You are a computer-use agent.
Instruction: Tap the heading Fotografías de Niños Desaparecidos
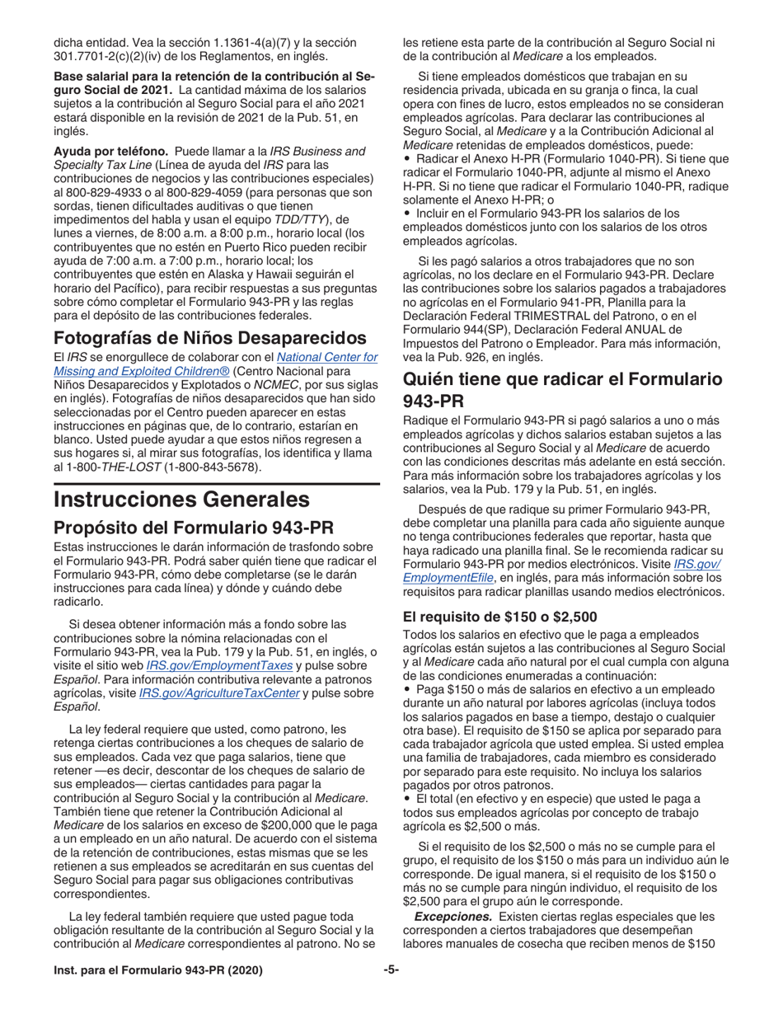198,338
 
